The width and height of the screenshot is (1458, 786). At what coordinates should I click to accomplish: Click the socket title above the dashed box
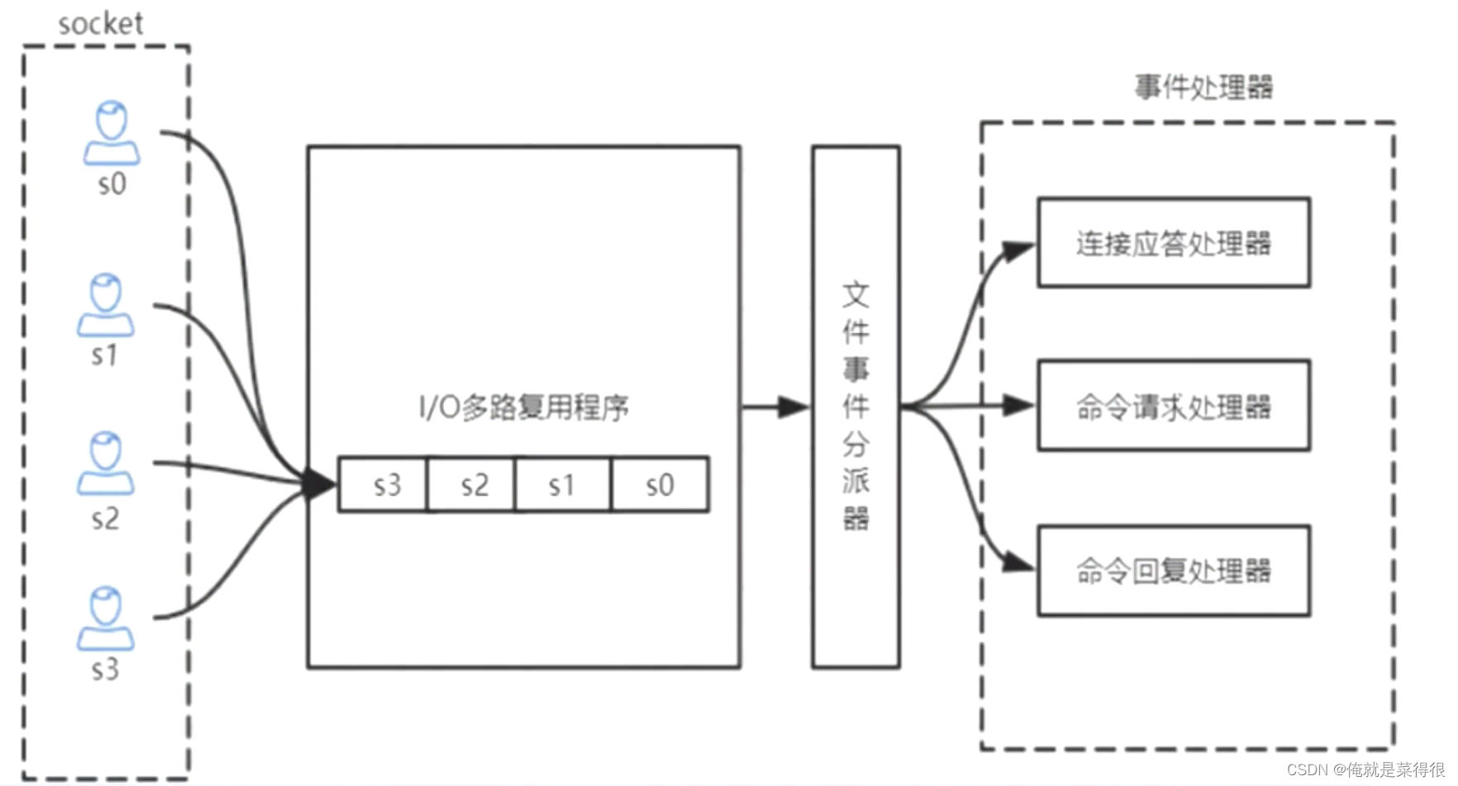point(100,24)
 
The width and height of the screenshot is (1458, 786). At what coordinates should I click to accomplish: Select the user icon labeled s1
point(106,306)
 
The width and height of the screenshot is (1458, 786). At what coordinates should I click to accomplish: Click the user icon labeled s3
point(106,618)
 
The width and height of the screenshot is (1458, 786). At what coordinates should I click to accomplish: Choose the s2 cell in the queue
point(472,484)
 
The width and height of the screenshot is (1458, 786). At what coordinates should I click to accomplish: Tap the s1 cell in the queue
point(563,484)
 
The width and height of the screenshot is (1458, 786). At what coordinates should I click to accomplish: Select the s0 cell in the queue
point(660,484)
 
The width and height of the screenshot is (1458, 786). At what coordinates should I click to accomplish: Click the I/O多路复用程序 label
point(523,407)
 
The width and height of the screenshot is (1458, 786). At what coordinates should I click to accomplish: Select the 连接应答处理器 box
point(1174,243)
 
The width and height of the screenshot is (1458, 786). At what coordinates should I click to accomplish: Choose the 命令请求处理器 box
point(1174,406)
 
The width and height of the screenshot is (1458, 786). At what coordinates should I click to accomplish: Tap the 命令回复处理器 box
point(1174,570)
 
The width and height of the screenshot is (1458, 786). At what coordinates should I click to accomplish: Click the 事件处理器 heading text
point(1203,87)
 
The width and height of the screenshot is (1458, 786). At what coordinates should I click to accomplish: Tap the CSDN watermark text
point(1365,769)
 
